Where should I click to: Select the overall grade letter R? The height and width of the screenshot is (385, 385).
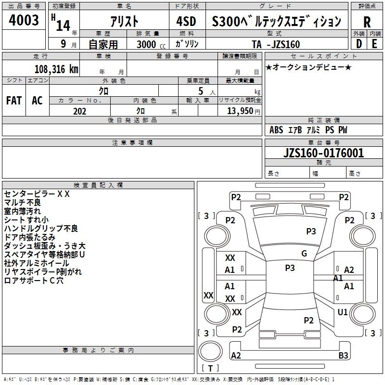point(367,22)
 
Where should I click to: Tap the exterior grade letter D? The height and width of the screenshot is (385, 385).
point(359,43)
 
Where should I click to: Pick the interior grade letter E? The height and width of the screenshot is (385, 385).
point(374,43)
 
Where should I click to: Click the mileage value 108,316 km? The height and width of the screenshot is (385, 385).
point(56,69)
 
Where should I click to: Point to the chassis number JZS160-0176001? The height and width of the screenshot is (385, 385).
point(323,154)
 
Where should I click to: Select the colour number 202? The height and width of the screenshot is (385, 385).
point(79,111)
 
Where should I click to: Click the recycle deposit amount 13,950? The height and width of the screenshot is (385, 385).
point(240,111)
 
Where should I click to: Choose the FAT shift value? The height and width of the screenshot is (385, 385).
point(13,101)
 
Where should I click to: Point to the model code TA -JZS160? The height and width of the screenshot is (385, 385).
point(276,44)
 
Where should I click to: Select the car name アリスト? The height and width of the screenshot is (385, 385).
point(124,22)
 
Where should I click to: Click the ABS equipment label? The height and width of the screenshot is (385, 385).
point(276,130)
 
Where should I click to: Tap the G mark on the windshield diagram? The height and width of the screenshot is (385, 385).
point(304,254)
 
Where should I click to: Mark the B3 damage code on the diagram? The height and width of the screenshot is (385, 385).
point(343,355)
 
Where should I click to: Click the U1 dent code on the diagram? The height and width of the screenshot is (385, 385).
point(343,312)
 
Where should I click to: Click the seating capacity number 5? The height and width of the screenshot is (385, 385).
point(200,91)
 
